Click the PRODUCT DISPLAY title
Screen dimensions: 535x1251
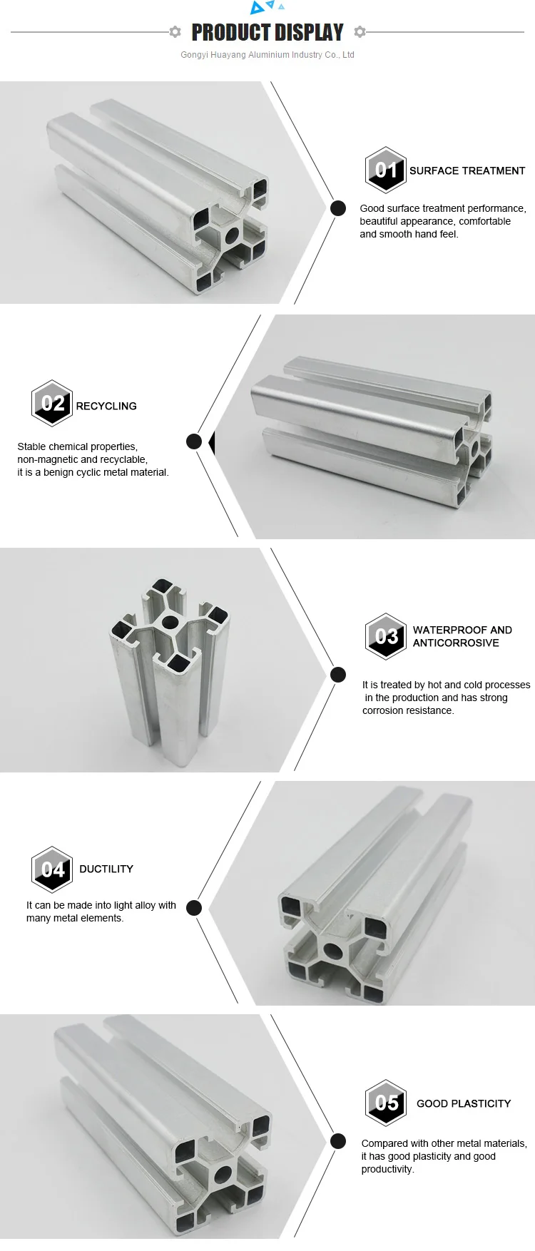click(267, 32)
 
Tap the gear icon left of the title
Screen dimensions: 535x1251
click(175, 31)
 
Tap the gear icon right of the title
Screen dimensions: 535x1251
click(360, 31)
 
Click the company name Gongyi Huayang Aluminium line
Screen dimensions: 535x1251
click(267, 55)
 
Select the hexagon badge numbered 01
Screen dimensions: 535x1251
click(386, 170)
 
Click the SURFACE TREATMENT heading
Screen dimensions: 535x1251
click(467, 171)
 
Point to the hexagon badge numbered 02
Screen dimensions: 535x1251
click(52, 403)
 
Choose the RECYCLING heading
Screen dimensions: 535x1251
click(106, 406)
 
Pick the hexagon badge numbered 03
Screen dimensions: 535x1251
click(386, 636)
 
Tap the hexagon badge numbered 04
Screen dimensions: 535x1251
click(52, 869)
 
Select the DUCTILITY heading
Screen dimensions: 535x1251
click(106, 869)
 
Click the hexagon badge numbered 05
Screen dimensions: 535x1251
click(386, 1103)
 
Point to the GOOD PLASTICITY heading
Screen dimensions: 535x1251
click(464, 1103)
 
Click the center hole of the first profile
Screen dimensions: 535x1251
click(232, 235)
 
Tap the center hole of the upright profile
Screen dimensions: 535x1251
click(170, 622)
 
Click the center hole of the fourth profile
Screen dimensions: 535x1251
click(333, 950)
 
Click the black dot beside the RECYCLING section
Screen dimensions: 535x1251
click(194, 441)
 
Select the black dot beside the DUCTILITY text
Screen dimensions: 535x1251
click(194, 908)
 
